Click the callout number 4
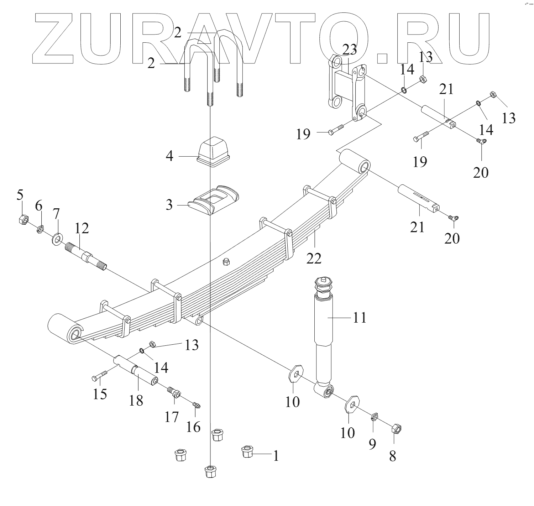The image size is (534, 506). (169, 156)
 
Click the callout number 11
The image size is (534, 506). (360, 317)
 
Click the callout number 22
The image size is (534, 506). (314, 258)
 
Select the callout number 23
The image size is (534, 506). (349, 50)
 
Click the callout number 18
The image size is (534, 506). (136, 400)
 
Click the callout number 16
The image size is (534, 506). (194, 426)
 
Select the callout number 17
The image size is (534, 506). (171, 416)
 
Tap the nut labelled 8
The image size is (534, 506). (397, 429)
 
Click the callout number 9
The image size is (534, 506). (372, 444)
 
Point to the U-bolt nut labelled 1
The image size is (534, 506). (246, 453)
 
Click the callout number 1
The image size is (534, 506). (276, 456)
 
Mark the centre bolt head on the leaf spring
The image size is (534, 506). (225, 263)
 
